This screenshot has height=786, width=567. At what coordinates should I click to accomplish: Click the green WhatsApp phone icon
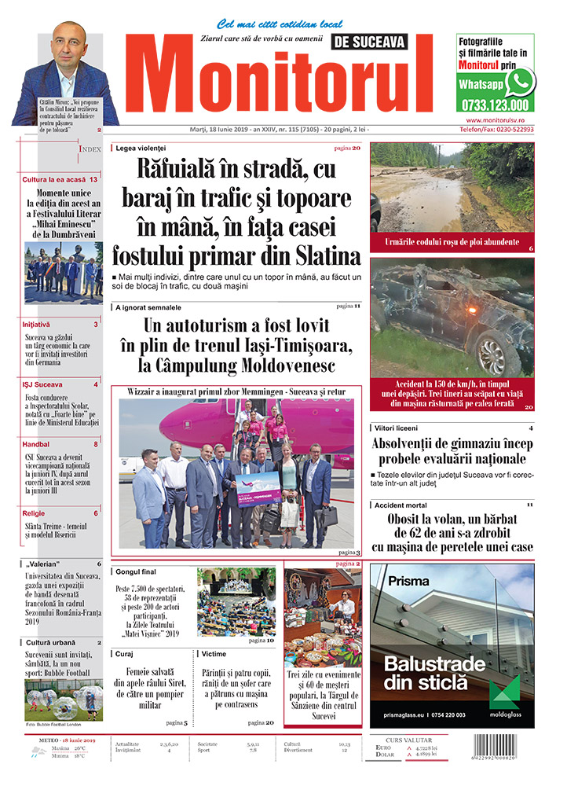520,82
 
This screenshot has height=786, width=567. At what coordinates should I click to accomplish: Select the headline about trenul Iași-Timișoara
236,345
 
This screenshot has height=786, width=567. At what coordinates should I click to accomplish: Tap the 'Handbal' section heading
36,444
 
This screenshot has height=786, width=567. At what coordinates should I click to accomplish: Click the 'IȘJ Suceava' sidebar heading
44,384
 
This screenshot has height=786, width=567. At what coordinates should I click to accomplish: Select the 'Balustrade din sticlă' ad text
432,673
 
